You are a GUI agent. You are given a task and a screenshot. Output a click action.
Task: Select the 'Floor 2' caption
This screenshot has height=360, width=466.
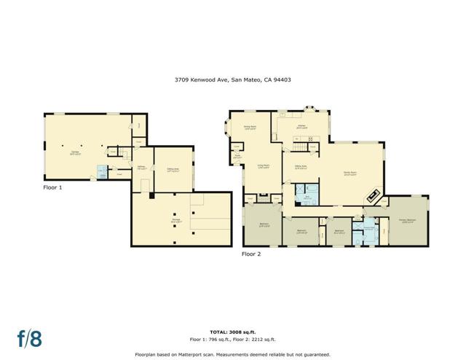251,254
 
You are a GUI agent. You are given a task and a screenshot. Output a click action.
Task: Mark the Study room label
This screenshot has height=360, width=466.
238,155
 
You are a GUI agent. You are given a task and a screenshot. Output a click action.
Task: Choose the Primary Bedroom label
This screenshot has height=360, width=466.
407,221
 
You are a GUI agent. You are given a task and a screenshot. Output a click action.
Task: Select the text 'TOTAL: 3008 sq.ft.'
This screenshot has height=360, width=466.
233,331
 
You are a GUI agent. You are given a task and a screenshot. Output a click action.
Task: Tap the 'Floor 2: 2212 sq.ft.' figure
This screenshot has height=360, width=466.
258,339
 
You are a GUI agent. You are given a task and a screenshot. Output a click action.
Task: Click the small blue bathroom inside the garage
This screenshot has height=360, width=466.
103,173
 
